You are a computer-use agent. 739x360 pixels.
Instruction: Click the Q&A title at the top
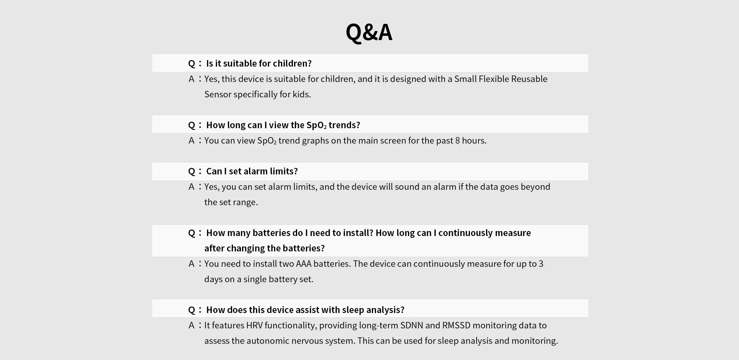pyautogui.click(x=369, y=32)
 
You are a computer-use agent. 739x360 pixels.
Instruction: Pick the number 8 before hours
pyautogui.click(x=457, y=141)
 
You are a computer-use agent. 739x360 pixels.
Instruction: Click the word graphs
pyautogui.click(x=315, y=141)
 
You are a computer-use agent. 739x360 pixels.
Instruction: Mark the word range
pyautogui.click(x=245, y=203)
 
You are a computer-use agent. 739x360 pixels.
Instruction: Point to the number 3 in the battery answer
pyautogui.click(x=541, y=264)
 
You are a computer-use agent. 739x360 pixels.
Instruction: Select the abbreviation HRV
pyautogui.click(x=254, y=325)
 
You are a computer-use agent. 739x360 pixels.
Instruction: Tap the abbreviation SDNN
pyautogui.click(x=411, y=325)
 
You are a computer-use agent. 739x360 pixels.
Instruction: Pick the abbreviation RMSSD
pyautogui.click(x=456, y=325)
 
